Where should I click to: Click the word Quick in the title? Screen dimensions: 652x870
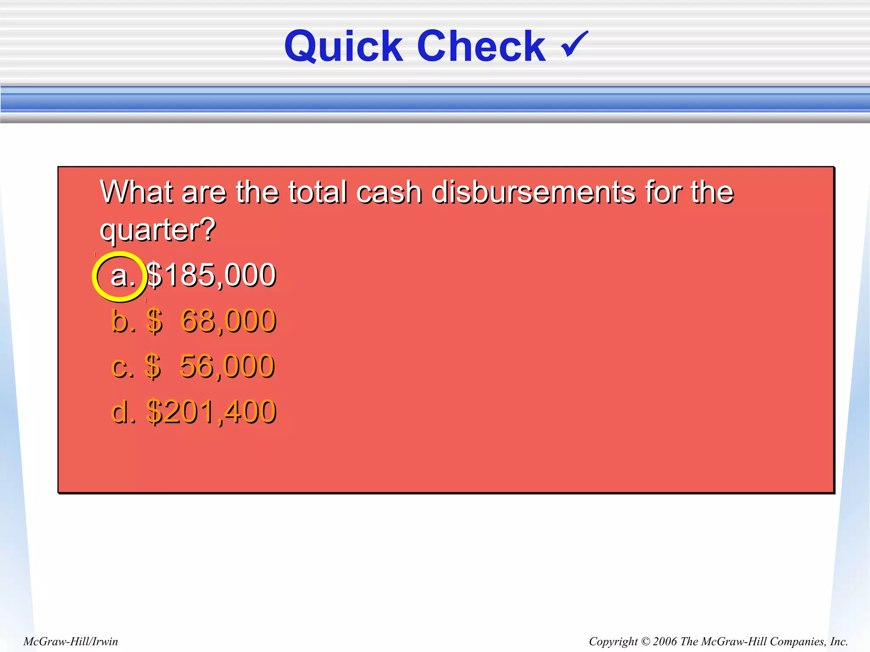click(x=343, y=47)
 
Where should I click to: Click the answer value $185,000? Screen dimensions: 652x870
click(x=211, y=275)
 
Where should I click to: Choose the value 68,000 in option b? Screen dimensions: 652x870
click(x=229, y=320)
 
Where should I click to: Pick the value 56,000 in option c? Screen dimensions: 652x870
click(x=227, y=366)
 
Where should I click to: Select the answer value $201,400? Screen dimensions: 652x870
click(x=211, y=411)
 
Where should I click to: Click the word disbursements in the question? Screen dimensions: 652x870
click(x=533, y=192)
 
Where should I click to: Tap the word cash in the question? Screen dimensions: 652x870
click(x=389, y=192)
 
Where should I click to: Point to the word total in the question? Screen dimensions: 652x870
click(x=317, y=192)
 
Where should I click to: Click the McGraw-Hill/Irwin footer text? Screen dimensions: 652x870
click(x=71, y=641)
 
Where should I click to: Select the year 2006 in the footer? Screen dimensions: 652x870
click(x=665, y=641)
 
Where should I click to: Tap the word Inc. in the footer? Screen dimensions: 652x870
click(x=839, y=641)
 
